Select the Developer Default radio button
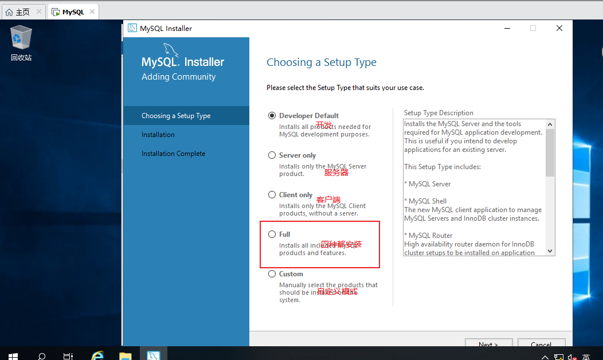coord(272,115)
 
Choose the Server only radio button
coord(272,155)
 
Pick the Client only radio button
coord(272,194)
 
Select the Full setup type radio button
coord(272,234)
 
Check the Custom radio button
coord(272,273)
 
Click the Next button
coord(488,344)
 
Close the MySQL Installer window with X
coord(559,28)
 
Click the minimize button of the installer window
coord(507,28)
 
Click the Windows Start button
coord(13,355)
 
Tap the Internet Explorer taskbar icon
coord(97,355)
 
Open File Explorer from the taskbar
coord(125,355)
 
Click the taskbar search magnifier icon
coord(42,355)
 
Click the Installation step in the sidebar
coord(158,135)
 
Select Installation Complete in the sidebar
coord(173,154)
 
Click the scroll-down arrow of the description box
coord(550,251)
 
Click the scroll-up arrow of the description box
coord(550,124)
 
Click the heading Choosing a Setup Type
coord(322,62)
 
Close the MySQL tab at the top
coord(92,11)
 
